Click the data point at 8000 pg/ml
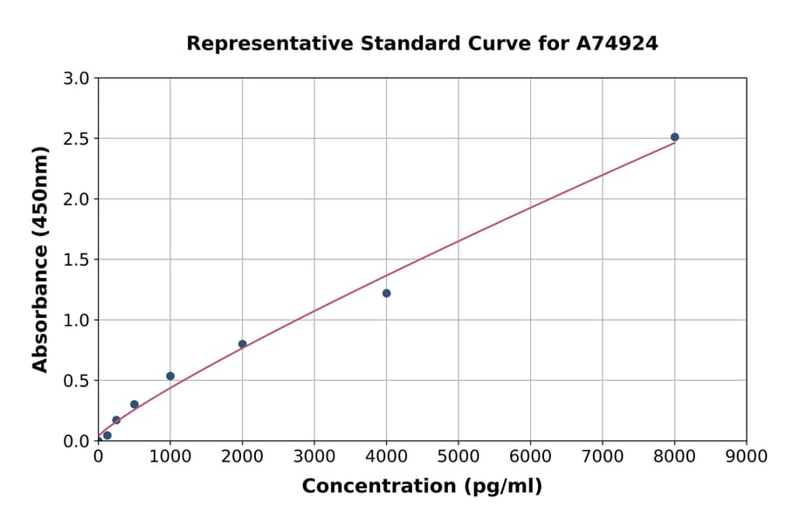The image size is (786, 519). (674, 137)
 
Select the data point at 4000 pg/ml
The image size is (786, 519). (386, 294)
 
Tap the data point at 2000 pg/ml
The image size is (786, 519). (242, 344)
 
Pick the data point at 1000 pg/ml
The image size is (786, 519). (170, 377)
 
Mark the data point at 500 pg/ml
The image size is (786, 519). (134, 405)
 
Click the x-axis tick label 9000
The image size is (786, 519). (746, 456)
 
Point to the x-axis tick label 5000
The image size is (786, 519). (458, 456)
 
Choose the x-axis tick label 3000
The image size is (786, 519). (314, 456)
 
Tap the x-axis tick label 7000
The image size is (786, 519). (602, 456)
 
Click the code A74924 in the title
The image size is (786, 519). (618, 44)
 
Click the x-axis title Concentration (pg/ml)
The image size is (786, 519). (422, 487)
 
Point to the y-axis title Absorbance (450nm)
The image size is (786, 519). (40, 259)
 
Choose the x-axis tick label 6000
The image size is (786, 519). (530, 456)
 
